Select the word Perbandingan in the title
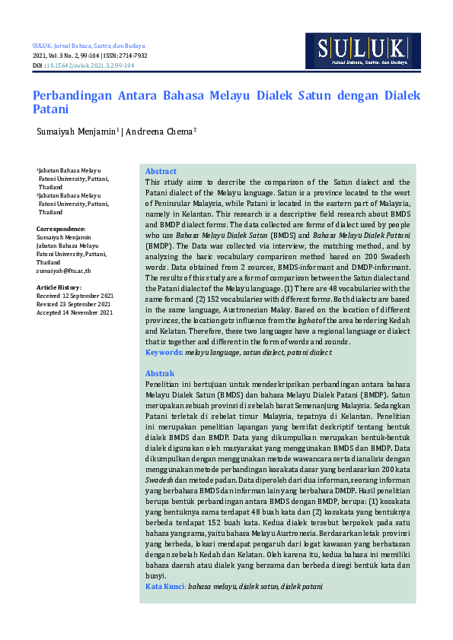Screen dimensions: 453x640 pyautogui.click(x=72, y=97)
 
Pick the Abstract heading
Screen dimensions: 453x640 pyautogui.click(x=161, y=172)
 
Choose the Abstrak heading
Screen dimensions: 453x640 pyautogui.click(x=160, y=374)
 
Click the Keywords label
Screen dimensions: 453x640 pyautogui.click(x=164, y=353)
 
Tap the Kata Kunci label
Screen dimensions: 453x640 pyautogui.click(x=165, y=588)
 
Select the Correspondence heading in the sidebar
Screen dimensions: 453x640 pyautogui.click(x=61, y=229)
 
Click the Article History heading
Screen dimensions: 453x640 pyautogui.click(x=59, y=287)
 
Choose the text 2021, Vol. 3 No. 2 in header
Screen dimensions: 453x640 pyautogui.click(x=59, y=56)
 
